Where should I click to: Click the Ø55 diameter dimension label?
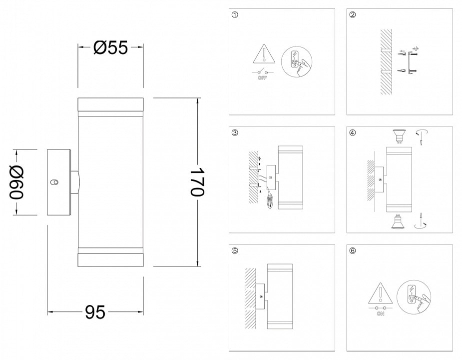tap(110, 47)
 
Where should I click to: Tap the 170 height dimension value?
tap(197, 182)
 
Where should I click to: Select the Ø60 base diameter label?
tap(16, 182)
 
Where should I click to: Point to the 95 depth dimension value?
tap(95, 312)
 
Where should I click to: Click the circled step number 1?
tap(235, 15)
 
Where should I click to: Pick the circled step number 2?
tap(353, 15)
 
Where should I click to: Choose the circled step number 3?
tap(235, 133)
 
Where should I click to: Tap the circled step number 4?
tap(353, 133)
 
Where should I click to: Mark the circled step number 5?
tap(235, 251)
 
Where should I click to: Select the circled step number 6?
tap(353, 251)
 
